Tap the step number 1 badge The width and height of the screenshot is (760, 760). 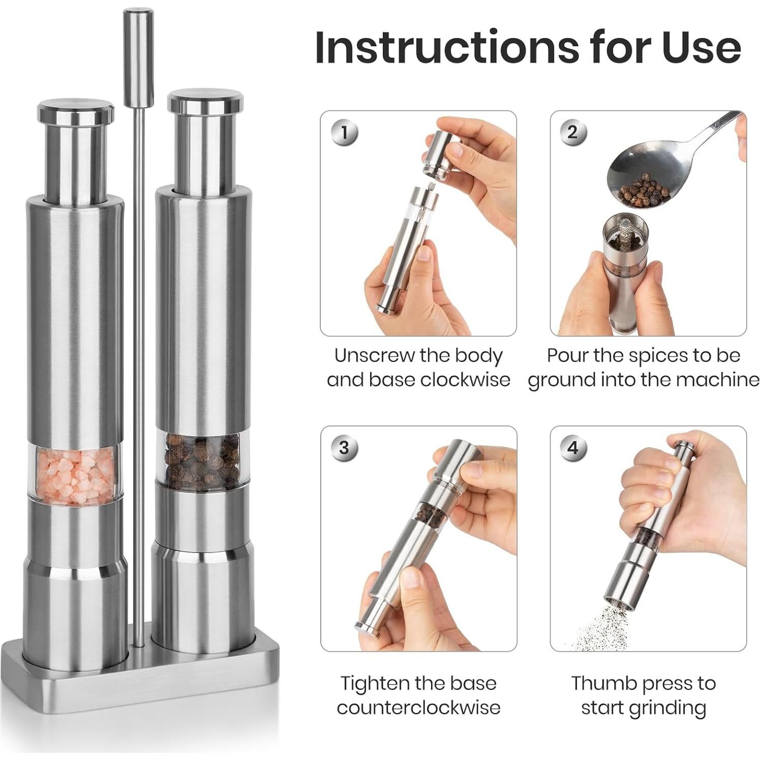pyautogui.click(x=345, y=133)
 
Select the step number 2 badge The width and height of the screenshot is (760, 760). pyautogui.click(x=573, y=133)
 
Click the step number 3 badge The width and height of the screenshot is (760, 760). pyautogui.click(x=345, y=447)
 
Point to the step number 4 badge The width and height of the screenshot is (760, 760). pyautogui.click(x=573, y=447)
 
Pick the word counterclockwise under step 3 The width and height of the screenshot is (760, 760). pyautogui.click(x=418, y=707)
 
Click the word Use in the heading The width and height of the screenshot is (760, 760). pyautogui.click(x=705, y=47)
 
